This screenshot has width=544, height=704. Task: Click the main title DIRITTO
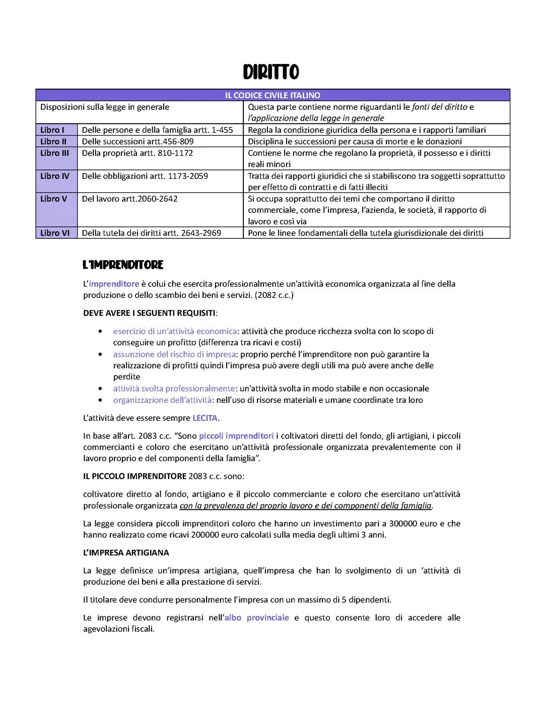(x=271, y=72)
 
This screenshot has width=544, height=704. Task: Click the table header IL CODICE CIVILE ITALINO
(x=273, y=95)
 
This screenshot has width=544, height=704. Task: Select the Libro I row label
(x=52, y=130)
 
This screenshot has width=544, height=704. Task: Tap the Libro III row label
(x=54, y=153)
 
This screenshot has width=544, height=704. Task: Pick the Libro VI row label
(x=55, y=233)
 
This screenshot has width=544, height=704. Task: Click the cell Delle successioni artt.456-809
(x=138, y=142)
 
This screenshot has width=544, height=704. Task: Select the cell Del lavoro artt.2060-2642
(x=129, y=199)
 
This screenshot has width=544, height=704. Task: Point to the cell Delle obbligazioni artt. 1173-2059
(x=145, y=176)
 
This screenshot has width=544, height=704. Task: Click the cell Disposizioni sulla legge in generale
(x=105, y=107)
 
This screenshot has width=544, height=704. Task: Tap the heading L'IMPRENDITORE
(x=123, y=265)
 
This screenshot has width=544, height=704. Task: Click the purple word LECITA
(x=205, y=418)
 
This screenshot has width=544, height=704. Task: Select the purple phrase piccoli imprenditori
(x=236, y=436)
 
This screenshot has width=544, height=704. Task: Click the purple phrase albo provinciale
(x=257, y=618)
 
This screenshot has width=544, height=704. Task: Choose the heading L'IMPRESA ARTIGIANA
(x=126, y=553)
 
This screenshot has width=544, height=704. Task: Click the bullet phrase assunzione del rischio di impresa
(x=174, y=354)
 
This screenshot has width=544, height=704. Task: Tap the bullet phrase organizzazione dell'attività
(x=162, y=400)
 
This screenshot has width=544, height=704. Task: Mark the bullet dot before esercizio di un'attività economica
(x=101, y=332)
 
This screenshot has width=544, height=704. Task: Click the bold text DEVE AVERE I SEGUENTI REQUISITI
(x=149, y=313)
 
